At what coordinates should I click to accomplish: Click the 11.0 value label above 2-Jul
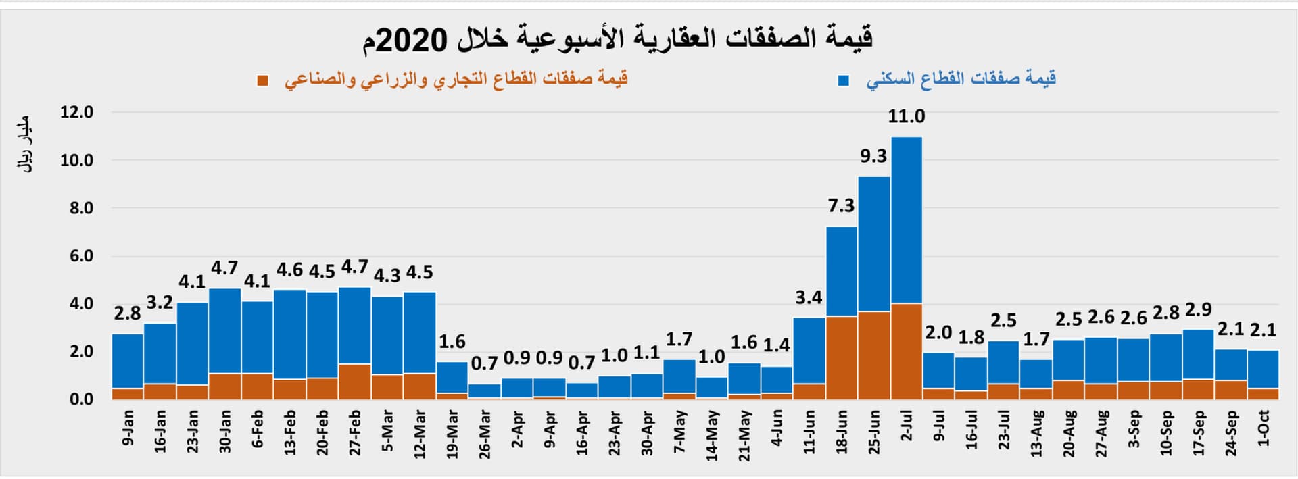click(x=906, y=116)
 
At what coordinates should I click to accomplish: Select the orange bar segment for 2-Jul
click(x=907, y=351)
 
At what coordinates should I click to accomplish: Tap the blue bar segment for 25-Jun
click(x=874, y=243)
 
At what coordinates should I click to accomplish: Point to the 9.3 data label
click(x=873, y=156)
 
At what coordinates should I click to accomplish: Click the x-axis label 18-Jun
click(x=842, y=432)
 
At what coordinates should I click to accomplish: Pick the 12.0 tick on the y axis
click(x=76, y=112)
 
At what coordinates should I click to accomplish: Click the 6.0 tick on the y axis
click(x=81, y=256)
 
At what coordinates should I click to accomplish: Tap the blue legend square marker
click(x=844, y=81)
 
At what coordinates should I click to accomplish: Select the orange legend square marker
click(x=263, y=81)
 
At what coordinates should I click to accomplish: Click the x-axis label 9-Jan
click(x=128, y=427)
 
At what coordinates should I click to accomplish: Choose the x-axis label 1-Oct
click(x=1263, y=428)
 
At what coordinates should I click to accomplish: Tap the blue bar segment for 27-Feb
click(x=355, y=325)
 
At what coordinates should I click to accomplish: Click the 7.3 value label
click(x=841, y=205)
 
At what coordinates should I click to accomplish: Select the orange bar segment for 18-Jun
click(x=842, y=357)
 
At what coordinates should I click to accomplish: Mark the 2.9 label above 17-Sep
click(x=1198, y=310)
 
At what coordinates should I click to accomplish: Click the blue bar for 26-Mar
click(x=484, y=390)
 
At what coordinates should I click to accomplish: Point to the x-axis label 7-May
click(x=679, y=430)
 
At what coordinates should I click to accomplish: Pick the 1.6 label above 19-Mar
click(x=452, y=342)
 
